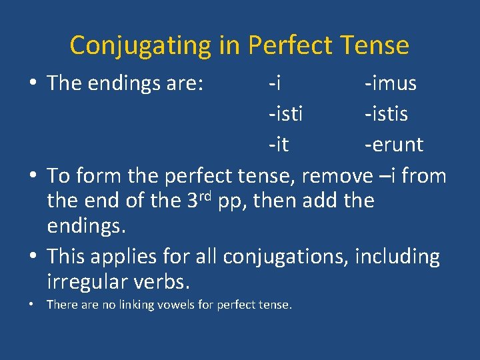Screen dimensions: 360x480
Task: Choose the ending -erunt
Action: click(x=393, y=144)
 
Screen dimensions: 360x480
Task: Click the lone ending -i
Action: click(x=274, y=83)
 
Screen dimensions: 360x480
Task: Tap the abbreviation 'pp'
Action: click(x=235, y=201)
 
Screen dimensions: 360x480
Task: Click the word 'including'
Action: click(x=397, y=257)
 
